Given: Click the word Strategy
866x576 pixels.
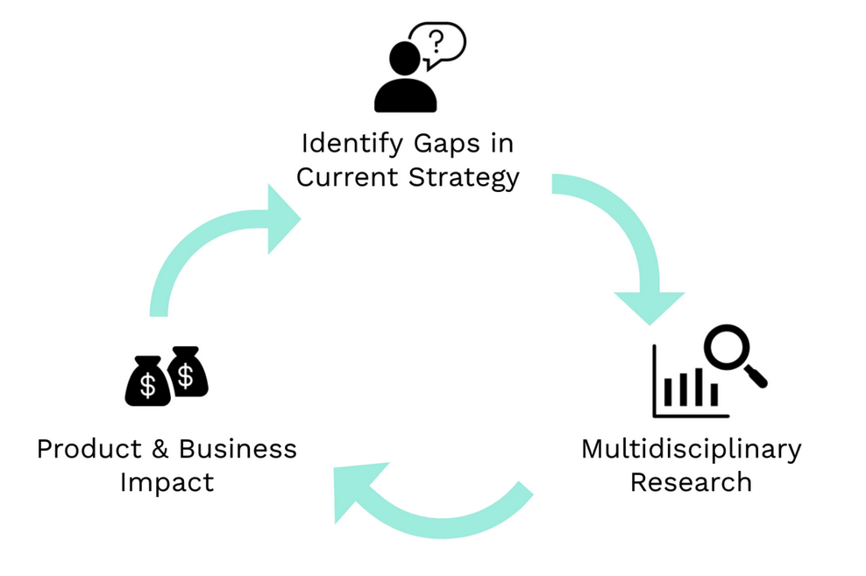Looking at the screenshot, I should tap(465, 178).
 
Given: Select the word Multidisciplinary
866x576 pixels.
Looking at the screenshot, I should tap(691, 449).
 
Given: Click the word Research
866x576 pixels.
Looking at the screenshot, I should tap(691, 482).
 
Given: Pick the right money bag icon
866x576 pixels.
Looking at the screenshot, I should tap(187, 371).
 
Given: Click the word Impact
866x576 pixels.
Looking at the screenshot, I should tap(167, 482).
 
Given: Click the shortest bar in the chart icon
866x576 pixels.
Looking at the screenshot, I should tap(713, 395).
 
